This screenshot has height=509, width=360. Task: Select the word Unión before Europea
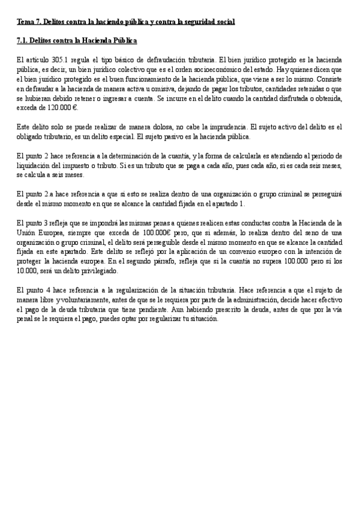tap(28, 232)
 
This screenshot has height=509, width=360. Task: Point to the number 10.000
tap(28, 271)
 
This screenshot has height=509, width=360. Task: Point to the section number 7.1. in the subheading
tap(24, 41)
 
